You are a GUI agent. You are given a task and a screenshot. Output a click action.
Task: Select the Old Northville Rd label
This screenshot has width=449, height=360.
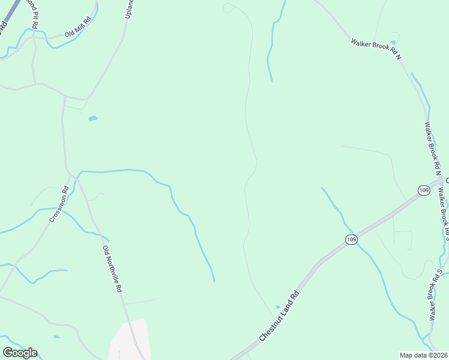pyautogui.click(x=112, y=269)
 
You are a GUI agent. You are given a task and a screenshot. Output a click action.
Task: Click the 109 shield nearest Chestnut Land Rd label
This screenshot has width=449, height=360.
pyautogui.click(x=352, y=239)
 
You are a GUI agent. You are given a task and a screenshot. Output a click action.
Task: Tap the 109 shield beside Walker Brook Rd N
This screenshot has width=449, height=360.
pyautogui.click(x=424, y=190)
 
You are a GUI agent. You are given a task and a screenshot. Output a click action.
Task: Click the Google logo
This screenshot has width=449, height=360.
pyautogui.click(x=20, y=353)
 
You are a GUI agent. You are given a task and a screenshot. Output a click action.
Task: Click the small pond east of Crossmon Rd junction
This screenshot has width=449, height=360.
pyautogui.click(x=92, y=119)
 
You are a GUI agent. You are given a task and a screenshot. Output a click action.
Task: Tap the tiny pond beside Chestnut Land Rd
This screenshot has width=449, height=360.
pyautogui.click(x=277, y=307)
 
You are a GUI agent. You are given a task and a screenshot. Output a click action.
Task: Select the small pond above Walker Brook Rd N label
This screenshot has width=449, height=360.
pyautogui.click(x=393, y=43)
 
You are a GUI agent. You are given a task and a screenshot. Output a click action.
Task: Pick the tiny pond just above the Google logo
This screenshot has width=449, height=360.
pyautogui.click(x=56, y=337)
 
